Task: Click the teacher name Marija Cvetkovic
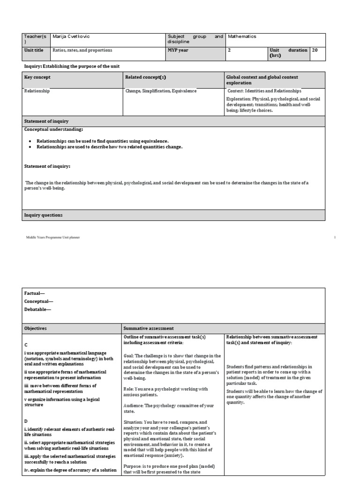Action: point(70,37)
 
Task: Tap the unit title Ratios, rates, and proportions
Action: point(82,50)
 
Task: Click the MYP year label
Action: point(178,50)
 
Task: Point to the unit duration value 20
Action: point(315,50)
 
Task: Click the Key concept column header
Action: point(37,77)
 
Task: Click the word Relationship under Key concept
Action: point(37,91)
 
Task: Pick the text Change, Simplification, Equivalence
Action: point(161,91)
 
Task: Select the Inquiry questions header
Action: point(44,215)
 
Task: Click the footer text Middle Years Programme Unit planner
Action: point(53,238)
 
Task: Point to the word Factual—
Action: point(35,293)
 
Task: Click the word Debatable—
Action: point(37,309)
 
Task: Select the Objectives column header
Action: point(36,329)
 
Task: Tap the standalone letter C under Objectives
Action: point(26,345)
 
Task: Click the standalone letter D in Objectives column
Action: point(26,421)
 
